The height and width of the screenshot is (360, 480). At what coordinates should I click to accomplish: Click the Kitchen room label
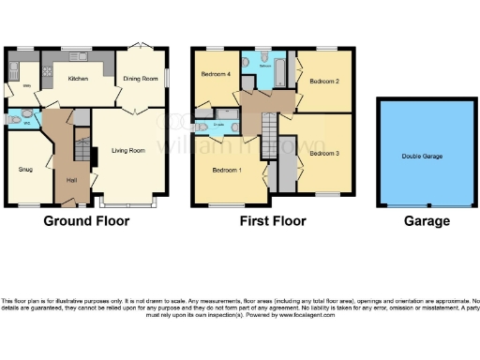[x=77, y=80]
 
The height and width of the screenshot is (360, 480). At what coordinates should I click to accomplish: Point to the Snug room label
[x=25, y=170]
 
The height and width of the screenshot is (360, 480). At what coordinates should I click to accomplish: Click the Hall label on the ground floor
[x=71, y=180]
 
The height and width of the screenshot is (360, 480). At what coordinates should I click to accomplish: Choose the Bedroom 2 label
[x=323, y=81]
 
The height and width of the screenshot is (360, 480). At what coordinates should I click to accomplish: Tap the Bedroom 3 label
[x=324, y=152]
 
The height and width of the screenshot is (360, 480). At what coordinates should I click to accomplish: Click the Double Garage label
[x=422, y=157]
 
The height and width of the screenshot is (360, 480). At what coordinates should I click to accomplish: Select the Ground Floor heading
[x=85, y=222]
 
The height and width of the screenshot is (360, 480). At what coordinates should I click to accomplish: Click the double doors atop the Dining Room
[x=142, y=47]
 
